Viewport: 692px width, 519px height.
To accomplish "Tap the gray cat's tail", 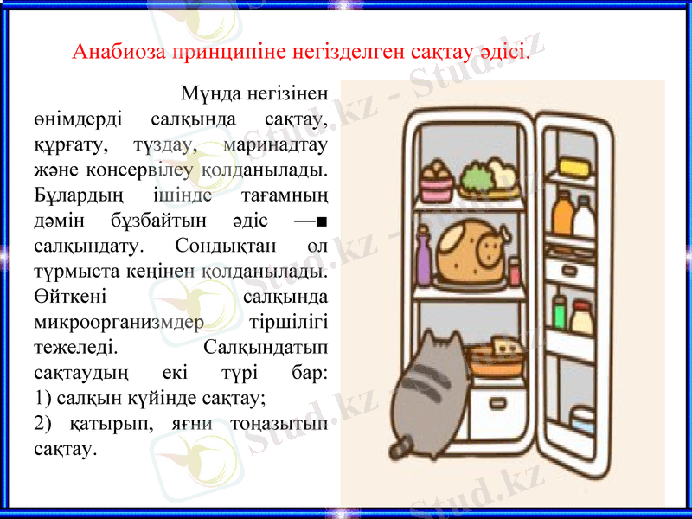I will click(400, 446).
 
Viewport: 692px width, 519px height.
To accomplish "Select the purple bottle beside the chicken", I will click(423, 257).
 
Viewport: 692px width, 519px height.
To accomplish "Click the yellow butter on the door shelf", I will click(573, 165).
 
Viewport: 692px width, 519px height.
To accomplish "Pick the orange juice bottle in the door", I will click(562, 215).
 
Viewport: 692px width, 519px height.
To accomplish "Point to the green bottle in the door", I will click(560, 313).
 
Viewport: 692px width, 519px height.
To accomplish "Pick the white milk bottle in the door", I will click(585, 218).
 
